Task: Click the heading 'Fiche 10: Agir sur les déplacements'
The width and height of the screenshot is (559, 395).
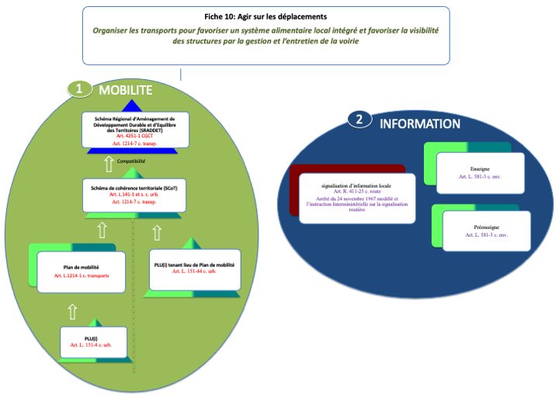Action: [266, 16]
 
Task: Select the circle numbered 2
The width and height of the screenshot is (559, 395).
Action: [358, 120]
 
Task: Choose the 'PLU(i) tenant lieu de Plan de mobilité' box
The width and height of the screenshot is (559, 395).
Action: [194, 268]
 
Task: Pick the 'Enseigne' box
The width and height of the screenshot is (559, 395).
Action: [480, 172]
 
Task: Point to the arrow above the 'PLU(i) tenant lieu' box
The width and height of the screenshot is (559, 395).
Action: [157, 232]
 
